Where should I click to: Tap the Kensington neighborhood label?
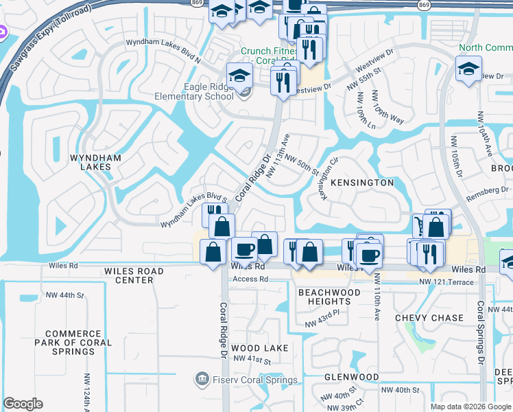[x=362, y=183]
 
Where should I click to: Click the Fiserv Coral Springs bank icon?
[x=202, y=378]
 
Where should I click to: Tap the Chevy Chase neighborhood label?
[x=429, y=318]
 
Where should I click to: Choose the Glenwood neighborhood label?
[x=351, y=377]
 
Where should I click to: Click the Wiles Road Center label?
[x=134, y=275]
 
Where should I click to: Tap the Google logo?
[x=23, y=404]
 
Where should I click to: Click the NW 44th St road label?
[x=71, y=295]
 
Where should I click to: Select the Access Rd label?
[x=250, y=279]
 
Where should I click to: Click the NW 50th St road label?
[x=303, y=165]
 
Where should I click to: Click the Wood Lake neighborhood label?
[x=255, y=348]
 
